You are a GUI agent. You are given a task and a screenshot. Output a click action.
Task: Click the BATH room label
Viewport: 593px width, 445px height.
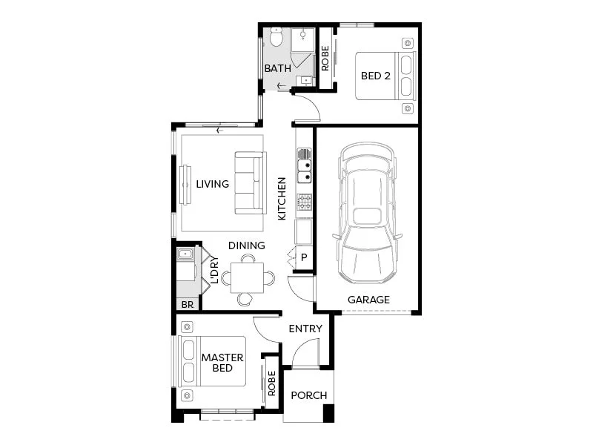[278, 68]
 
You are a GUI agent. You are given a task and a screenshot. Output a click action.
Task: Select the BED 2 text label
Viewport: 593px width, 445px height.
[375, 76]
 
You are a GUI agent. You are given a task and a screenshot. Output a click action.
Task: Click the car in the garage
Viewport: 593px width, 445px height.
[368, 214]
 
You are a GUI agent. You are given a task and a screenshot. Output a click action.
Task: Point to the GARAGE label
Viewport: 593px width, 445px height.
[368, 300]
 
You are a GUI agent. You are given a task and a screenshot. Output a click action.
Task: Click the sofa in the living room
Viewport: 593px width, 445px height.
[250, 183]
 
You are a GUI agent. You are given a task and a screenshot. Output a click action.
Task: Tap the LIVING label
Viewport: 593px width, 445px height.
[212, 184]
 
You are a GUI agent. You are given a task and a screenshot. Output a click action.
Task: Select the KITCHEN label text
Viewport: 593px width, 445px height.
[282, 199]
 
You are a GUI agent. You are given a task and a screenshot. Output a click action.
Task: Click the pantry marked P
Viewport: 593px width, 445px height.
[303, 258]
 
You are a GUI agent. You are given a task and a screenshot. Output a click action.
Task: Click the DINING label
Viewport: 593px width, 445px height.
[246, 245]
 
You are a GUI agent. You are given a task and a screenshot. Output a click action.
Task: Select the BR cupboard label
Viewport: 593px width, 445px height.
[187, 304]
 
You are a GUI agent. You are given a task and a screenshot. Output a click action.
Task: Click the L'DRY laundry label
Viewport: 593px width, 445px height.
[214, 271]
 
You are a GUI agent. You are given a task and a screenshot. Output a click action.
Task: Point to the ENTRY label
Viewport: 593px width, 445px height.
[305, 329]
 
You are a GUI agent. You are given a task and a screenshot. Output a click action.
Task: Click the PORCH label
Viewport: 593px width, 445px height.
[308, 395]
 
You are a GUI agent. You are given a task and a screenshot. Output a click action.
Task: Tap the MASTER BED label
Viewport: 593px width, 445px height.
[222, 363]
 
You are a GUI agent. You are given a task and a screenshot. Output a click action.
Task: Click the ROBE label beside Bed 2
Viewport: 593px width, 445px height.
[325, 59]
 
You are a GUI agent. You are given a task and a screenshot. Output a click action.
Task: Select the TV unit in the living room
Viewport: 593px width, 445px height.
[182, 183]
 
